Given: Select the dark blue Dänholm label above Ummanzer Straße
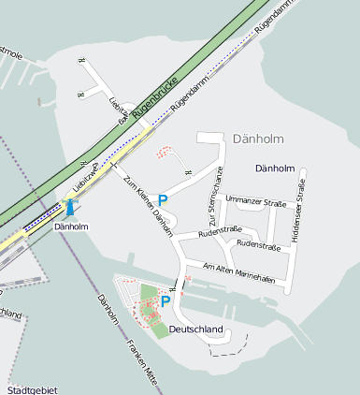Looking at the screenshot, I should [275, 168].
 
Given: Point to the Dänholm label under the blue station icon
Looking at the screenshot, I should [71, 227].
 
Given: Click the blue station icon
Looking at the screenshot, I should [70, 209].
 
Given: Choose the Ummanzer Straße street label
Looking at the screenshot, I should [256, 200].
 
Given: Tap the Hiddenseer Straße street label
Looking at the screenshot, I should [299, 215].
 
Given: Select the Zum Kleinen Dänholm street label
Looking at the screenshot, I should [148, 207].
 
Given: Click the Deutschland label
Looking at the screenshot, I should [196, 329].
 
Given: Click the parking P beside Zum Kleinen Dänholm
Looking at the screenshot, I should [163, 199].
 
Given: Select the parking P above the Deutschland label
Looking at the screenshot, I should [166, 301].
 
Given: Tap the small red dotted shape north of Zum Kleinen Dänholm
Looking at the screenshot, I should [165, 152].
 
